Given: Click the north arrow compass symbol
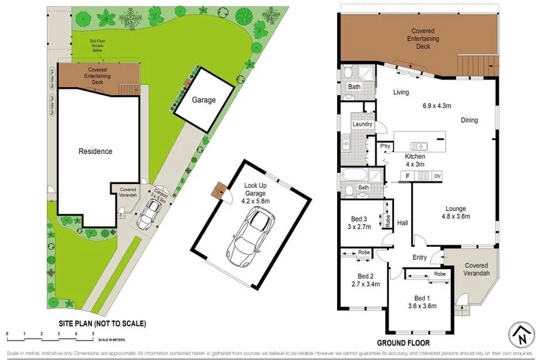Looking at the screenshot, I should click(520, 334).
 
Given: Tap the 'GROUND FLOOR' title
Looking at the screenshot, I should click(403, 343).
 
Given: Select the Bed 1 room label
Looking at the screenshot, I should click(422, 297).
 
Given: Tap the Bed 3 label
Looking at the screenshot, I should click(359, 218).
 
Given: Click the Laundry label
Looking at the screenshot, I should click(363, 124).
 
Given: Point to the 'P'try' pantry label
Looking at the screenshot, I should click(386, 147).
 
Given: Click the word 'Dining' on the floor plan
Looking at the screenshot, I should click(469, 120).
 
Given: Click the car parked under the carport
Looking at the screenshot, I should click(150, 213).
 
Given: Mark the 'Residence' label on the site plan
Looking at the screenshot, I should click(95, 151).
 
